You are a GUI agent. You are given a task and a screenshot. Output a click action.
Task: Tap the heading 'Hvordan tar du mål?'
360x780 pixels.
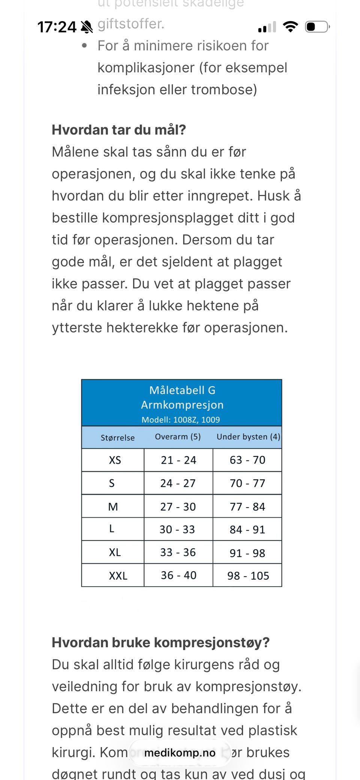[x=119, y=130]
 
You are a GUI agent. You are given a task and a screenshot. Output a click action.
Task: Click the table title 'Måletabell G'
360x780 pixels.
[x=182, y=390]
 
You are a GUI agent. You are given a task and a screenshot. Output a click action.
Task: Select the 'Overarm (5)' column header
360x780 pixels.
[x=178, y=437]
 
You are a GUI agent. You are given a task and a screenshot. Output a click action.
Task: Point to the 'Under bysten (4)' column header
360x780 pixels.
[x=248, y=437]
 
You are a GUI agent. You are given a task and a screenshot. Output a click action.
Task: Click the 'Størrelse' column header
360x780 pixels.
[x=117, y=437]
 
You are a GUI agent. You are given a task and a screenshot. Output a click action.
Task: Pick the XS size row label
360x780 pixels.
[x=115, y=460]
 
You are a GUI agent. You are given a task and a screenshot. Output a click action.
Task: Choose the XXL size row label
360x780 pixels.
[x=118, y=575]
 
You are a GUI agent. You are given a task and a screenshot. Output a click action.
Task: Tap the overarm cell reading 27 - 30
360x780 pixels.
[x=178, y=506]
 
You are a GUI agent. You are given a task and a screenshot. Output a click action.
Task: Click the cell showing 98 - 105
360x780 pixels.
[x=248, y=575]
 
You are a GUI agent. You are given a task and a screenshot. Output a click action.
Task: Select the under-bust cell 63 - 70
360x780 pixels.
[x=247, y=460]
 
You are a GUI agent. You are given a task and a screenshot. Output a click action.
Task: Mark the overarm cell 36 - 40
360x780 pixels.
[x=178, y=575]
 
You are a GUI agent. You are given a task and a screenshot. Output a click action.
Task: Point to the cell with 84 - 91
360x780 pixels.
[x=247, y=529]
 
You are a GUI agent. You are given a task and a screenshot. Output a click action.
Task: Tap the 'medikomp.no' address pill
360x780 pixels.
[x=180, y=753]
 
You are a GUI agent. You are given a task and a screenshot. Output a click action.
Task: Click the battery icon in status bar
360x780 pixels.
[x=317, y=27]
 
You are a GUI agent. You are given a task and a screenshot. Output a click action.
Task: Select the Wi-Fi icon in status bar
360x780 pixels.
[x=290, y=27]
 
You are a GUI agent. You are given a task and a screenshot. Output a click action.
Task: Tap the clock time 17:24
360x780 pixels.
[x=57, y=27]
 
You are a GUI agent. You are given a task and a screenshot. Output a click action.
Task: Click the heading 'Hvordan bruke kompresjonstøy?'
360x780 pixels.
[x=160, y=642]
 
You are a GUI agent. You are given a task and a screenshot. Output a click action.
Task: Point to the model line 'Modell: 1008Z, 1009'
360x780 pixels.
[x=181, y=420]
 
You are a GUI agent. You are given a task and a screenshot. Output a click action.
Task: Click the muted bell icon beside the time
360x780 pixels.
[x=87, y=27]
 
